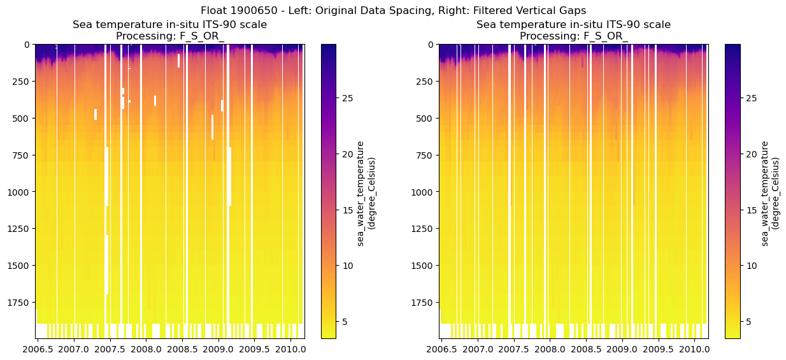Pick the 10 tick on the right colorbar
[x=750, y=265]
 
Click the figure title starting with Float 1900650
[x=393, y=10]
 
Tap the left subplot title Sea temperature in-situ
[x=169, y=25]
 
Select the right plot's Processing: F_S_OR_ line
[x=573, y=36]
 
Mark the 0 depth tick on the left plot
[x=27, y=45]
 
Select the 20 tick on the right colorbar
[x=750, y=154]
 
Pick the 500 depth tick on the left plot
[x=22, y=119]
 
